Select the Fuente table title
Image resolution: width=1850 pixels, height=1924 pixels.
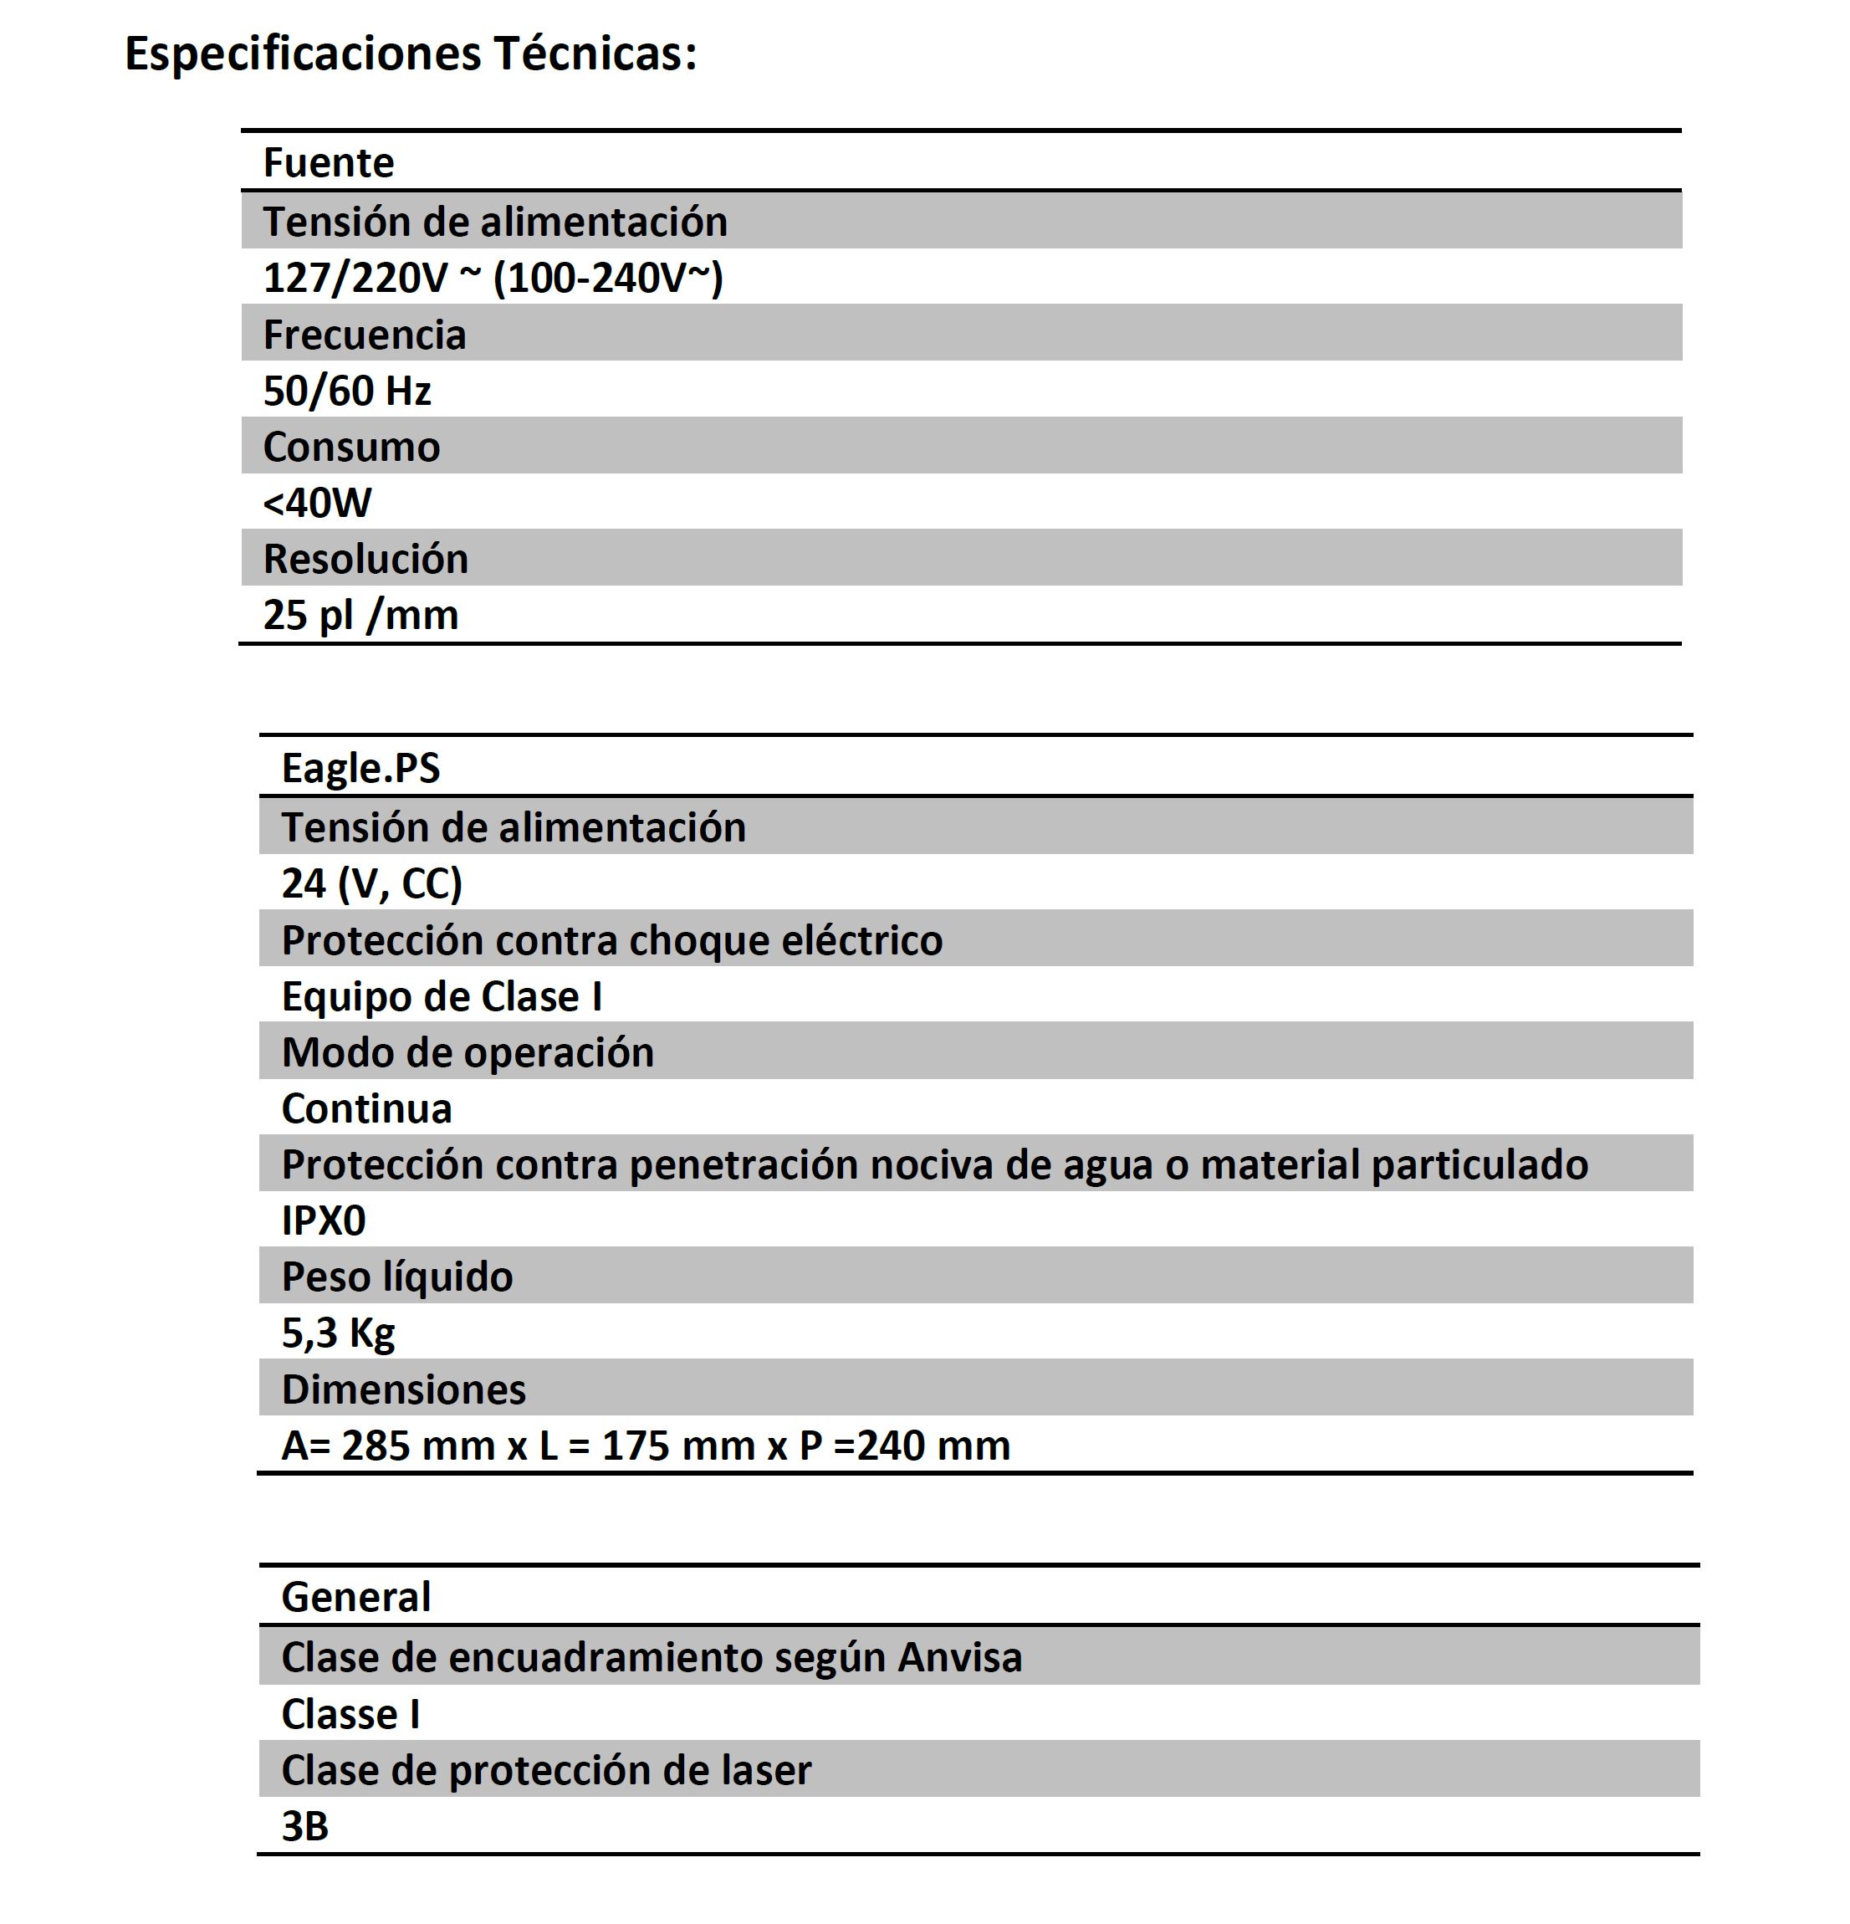click(328, 163)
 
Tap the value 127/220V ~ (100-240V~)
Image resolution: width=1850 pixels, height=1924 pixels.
click(493, 278)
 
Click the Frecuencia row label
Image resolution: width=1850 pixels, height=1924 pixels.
click(364, 335)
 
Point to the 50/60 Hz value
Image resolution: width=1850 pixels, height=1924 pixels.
click(346, 391)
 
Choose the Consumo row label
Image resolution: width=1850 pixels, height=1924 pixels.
click(351, 447)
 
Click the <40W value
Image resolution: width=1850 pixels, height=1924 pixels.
click(317, 503)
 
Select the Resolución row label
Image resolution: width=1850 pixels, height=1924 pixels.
click(365, 559)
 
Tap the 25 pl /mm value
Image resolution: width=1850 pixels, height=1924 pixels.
click(360, 616)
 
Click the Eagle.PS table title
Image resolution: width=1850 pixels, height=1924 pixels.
click(360, 768)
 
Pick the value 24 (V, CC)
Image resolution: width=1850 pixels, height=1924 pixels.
click(371, 883)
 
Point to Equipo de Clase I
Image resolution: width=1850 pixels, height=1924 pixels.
click(442, 996)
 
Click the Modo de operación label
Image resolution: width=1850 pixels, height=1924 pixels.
click(468, 1052)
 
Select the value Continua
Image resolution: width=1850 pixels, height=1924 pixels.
click(366, 1109)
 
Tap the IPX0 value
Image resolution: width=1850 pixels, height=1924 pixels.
click(323, 1221)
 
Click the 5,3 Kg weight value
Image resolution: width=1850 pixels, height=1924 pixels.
click(338, 1333)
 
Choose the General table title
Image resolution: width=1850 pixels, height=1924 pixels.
click(355, 1597)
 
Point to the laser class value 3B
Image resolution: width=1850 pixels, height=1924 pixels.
click(304, 1826)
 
